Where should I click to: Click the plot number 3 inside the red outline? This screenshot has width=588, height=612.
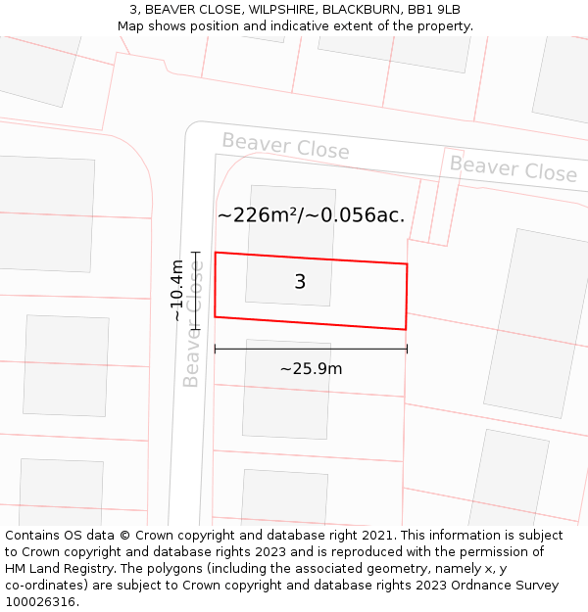pyautogui.click(x=300, y=282)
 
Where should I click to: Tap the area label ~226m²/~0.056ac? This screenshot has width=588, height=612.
pyautogui.click(x=311, y=215)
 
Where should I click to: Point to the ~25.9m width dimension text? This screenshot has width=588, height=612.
pyautogui.click(x=311, y=369)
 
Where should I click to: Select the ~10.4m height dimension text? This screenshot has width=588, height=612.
pyautogui.click(x=176, y=290)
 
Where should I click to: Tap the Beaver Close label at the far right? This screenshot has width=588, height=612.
pyautogui.click(x=513, y=168)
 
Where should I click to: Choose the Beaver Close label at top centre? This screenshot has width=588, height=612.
pyautogui.click(x=285, y=146)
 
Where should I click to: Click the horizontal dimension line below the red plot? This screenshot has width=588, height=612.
pyautogui.click(x=311, y=349)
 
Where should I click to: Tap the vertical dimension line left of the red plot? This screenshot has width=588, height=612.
pyautogui.click(x=195, y=290)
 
